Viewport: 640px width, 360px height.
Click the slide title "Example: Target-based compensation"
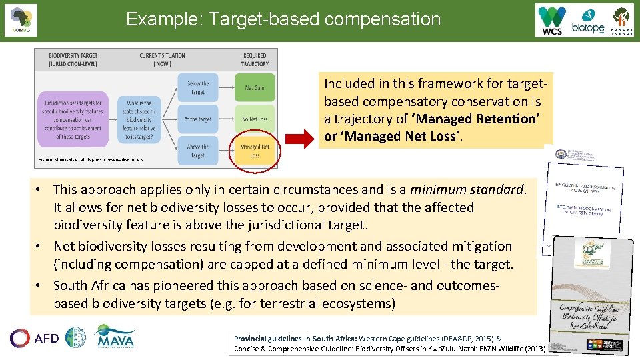point(283,19)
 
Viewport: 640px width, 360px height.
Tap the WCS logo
point(552,21)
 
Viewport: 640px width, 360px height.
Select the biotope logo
point(587,21)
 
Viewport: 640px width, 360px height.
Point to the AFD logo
point(35,338)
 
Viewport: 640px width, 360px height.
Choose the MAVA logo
point(115,337)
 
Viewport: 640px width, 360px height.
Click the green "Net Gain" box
point(254,87)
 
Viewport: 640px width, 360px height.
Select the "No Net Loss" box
point(254,119)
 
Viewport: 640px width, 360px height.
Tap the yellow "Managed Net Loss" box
point(255,151)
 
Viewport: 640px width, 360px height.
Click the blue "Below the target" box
point(198,87)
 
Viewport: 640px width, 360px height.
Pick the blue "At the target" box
point(198,119)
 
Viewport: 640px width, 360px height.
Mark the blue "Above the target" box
point(198,151)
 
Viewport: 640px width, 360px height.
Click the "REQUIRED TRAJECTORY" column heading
point(254,60)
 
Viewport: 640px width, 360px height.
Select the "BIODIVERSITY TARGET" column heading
point(74,60)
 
